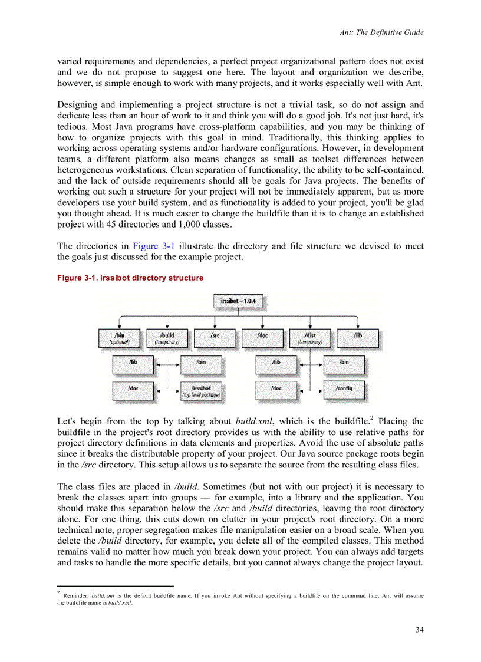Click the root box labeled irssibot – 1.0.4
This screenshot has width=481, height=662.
coord(238,301)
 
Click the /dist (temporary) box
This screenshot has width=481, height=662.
coord(309,338)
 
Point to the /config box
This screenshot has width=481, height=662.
coord(344,390)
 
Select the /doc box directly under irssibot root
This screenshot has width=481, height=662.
coord(262,338)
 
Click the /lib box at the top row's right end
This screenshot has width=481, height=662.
coord(358,338)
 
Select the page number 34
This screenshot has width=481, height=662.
coord(419,630)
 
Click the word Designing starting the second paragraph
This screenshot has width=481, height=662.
coord(77,104)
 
